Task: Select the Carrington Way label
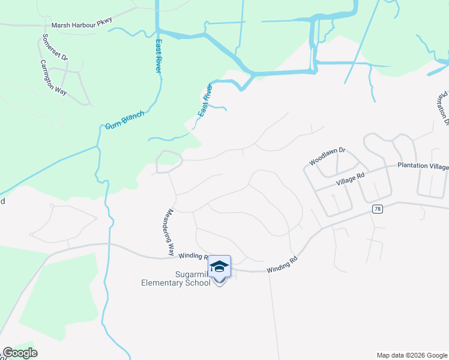pyautogui.click(x=53, y=77)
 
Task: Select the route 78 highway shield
pyautogui.click(x=376, y=209)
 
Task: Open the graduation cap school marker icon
pyautogui.click(x=219, y=266)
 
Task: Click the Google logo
pyautogui.click(x=20, y=353)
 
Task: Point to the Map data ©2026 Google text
pyautogui.click(x=412, y=355)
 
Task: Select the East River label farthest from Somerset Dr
pyautogui.click(x=205, y=100)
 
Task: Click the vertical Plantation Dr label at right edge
pyautogui.click(x=444, y=108)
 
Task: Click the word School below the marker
pyautogui.click(x=199, y=283)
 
